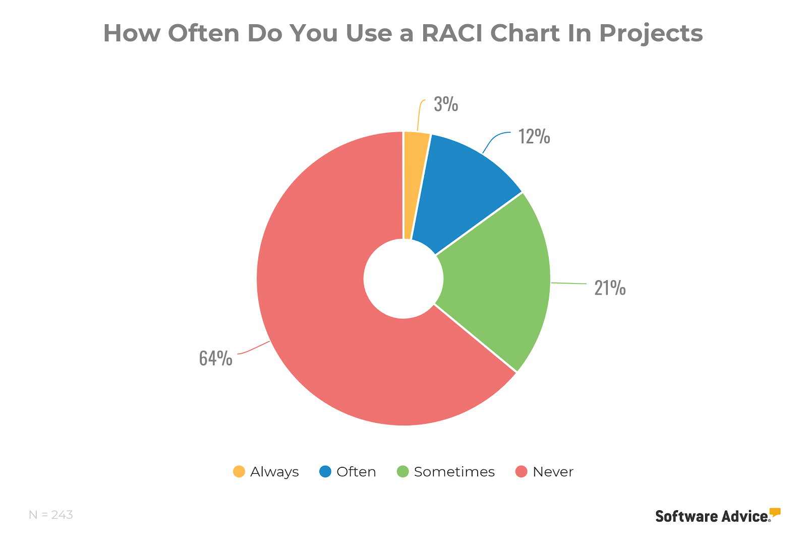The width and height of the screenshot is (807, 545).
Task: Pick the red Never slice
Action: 328,303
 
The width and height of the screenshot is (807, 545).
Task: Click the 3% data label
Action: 446,104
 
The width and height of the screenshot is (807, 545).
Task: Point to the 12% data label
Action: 534,137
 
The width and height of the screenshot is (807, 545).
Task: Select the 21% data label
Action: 610,288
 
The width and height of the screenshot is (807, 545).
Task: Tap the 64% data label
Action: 215,358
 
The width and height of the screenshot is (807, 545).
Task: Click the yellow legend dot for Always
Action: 239,472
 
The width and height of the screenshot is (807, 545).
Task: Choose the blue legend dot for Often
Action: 325,472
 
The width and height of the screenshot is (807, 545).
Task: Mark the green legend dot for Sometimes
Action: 402,472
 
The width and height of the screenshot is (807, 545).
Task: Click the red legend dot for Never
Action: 522,472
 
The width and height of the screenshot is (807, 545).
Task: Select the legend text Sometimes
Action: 454,472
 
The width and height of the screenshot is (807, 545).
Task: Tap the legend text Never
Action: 553,472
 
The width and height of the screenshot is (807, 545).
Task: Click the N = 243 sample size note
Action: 51,515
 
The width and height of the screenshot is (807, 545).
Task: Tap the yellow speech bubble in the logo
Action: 775,512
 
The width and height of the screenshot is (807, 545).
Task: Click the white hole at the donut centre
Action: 403,279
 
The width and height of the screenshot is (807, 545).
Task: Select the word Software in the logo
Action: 686,516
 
